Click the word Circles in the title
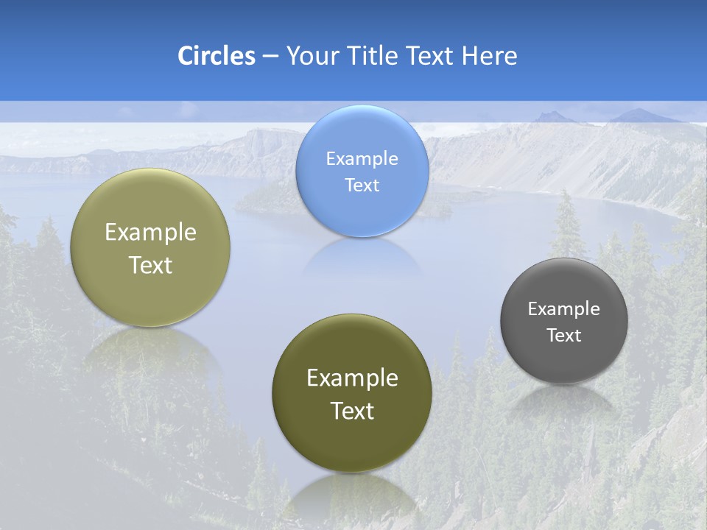click(217, 56)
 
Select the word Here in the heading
click(489, 56)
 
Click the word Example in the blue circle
click(362, 158)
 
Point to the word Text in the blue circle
click(362, 185)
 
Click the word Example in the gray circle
click(564, 308)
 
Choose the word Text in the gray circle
click(564, 335)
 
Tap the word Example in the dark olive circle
click(352, 378)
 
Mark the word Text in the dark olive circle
click(352, 411)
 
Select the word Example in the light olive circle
click(150, 232)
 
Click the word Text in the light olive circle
click(150, 265)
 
